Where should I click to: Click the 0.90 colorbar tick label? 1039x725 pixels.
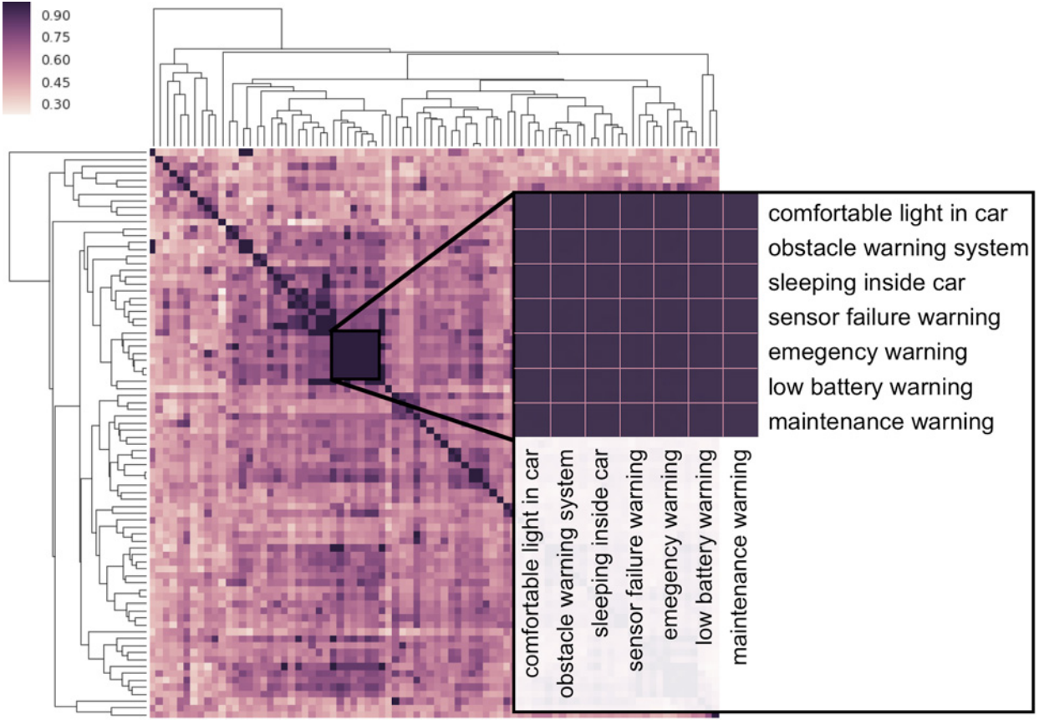point(56,16)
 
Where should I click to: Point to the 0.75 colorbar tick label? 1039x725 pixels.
point(56,37)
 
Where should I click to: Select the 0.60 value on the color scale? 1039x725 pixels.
point(56,60)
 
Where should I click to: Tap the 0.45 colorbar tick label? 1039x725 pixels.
point(56,83)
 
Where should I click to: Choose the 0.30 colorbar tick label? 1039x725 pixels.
point(56,104)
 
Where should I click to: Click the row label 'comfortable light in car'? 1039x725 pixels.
point(888,213)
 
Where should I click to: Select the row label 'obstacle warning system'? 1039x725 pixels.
point(898,248)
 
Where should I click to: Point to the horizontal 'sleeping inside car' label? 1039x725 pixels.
point(867,283)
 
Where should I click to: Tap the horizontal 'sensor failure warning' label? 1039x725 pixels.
point(884,318)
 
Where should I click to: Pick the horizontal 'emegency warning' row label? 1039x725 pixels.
point(868,352)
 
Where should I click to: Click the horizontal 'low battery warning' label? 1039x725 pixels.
point(870,387)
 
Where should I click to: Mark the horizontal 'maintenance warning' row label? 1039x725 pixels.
point(881,421)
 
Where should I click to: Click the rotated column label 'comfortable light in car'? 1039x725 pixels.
point(532,563)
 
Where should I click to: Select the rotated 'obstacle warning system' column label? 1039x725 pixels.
point(567,574)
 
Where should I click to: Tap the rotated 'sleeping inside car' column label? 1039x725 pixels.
point(601,543)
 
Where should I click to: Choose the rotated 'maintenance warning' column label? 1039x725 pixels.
point(740,557)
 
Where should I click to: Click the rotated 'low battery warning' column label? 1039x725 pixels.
point(705,547)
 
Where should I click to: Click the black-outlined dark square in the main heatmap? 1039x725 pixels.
point(355,355)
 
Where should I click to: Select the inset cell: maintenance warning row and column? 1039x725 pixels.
point(741,420)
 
